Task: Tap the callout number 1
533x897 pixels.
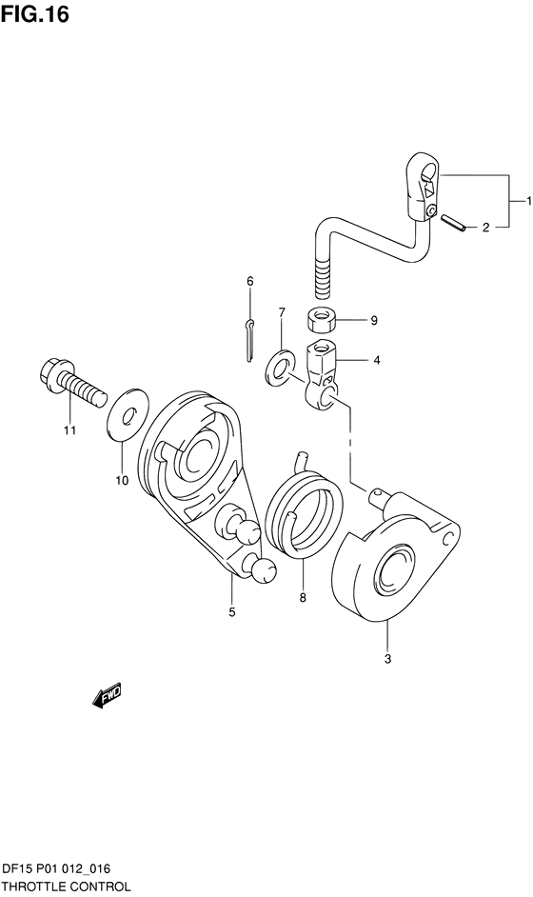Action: tap(529, 201)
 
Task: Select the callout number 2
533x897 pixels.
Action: tap(485, 228)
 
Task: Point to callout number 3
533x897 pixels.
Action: tap(387, 659)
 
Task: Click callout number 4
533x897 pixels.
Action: tap(376, 360)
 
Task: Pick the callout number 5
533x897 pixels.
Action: tap(231, 612)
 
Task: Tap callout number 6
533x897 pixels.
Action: tap(250, 281)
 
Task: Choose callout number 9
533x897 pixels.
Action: tap(373, 321)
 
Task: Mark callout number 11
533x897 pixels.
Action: tap(69, 430)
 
